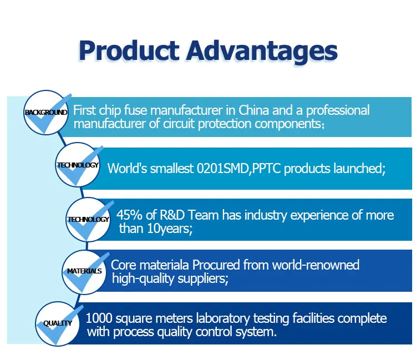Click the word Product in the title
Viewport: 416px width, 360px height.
click(129, 51)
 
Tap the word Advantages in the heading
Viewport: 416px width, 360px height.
click(262, 52)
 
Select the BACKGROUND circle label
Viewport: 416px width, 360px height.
click(46, 113)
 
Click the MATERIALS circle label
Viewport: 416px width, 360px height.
click(84, 271)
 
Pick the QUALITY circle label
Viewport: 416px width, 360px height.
click(58, 323)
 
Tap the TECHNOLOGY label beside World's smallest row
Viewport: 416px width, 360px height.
click(78, 165)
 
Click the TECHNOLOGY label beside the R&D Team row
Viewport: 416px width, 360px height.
click(88, 220)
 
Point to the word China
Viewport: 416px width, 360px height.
click(253, 110)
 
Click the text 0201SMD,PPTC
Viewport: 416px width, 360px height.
click(239, 169)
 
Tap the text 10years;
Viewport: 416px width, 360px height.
click(170, 229)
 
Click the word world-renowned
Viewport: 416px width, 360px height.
click(316, 265)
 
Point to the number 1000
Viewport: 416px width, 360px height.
click(99, 318)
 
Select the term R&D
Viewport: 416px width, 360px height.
click(172, 215)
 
